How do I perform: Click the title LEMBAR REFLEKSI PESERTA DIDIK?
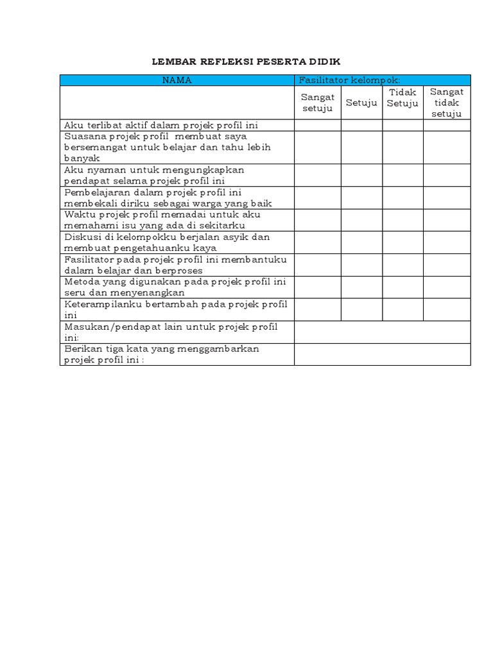click(246, 62)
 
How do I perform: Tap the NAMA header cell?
click(177, 80)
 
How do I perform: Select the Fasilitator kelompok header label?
click(349, 80)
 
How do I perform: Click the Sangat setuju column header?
click(318, 103)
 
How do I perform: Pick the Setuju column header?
click(361, 103)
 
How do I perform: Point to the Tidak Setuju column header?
click(402, 98)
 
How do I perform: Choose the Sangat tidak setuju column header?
click(446, 103)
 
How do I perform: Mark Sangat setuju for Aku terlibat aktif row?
click(318, 125)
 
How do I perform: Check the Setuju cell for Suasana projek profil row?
click(361, 147)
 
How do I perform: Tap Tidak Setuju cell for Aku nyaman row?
click(402, 175)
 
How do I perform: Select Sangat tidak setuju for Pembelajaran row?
click(446, 198)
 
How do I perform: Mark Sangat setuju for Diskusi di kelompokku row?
click(318, 242)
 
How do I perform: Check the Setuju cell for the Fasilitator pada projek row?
click(361, 264)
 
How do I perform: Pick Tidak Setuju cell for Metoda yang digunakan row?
click(402, 287)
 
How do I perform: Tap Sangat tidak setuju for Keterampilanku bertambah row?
click(446, 309)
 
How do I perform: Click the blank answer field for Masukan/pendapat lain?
click(382, 332)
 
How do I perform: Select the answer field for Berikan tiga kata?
click(382, 354)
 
